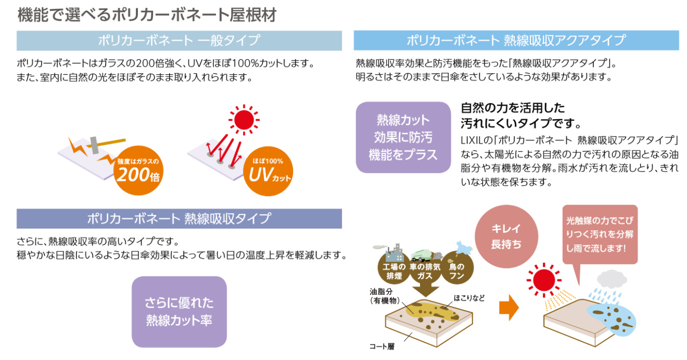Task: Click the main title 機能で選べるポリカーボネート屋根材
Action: pyautogui.click(x=147, y=15)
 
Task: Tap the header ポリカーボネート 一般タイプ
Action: pyautogui.click(x=179, y=41)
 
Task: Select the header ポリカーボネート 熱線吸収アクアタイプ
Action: pyautogui.click(x=516, y=41)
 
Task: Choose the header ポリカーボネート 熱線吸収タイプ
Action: pyautogui.click(x=179, y=218)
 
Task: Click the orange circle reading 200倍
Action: pyautogui.click(x=138, y=171)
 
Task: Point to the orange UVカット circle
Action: pyautogui.click(x=268, y=171)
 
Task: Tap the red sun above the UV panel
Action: pyautogui.click(x=244, y=120)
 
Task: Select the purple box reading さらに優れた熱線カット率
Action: pyautogui.click(x=179, y=312)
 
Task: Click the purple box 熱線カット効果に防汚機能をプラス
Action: pyautogui.click(x=403, y=137)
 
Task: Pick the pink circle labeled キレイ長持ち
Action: pyautogui.click(x=506, y=236)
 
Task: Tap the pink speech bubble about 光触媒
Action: pyautogui.click(x=600, y=235)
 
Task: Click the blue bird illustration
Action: pyautogui.click(x=464, y=248)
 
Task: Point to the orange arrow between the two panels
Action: pyautogui.click(x=509, y=307)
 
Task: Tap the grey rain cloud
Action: pyautogui.click(x=612, y=279)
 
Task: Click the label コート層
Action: pyautogui.click(x=382, y=346)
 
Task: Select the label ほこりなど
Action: pyautogui.click(x=469, y=298)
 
